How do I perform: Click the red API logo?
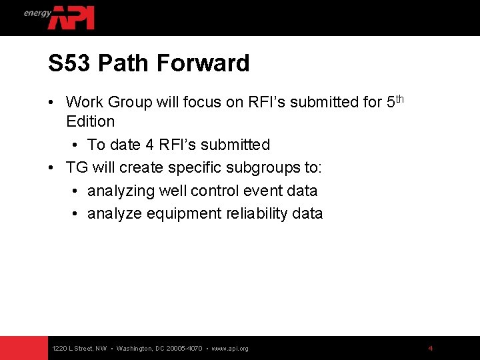point(71,17)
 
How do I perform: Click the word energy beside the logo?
point(37,13)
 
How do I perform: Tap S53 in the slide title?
point(69,63)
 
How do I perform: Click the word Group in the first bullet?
point(129,102)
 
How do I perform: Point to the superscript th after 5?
point(398,99)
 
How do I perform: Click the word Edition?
point(91,121)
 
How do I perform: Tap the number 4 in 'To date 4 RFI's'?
point(149,145)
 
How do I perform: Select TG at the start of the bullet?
point(77,167)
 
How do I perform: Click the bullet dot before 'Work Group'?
point(51,103)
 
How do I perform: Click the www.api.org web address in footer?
point(230,349)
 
